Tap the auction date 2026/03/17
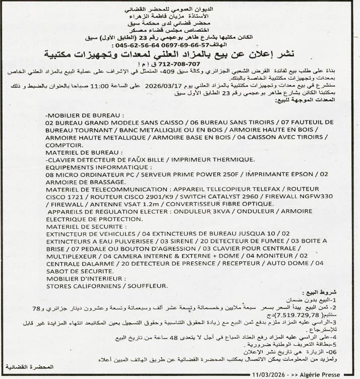coord(164,86)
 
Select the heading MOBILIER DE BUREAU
coord(83,115)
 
